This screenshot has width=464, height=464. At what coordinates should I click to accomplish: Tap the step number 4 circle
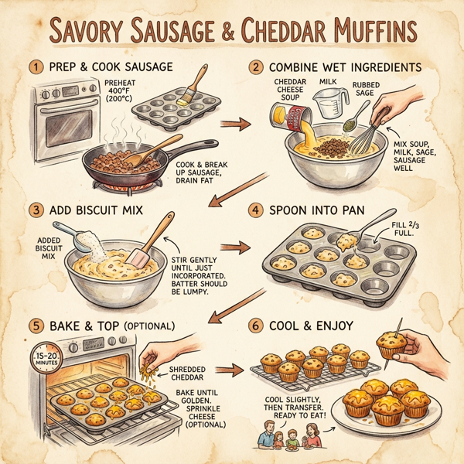click(252, 210)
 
